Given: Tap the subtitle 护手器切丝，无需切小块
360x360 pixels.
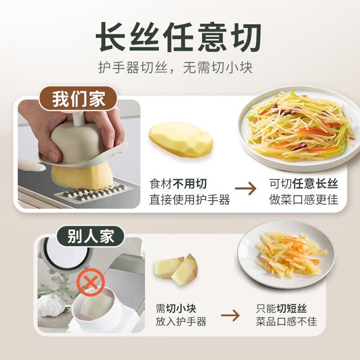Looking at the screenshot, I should click(x=175, y=67).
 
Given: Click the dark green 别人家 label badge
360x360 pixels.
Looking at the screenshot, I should click(x=90, y=236).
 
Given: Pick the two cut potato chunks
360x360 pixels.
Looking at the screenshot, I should click(x=175, y=269).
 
